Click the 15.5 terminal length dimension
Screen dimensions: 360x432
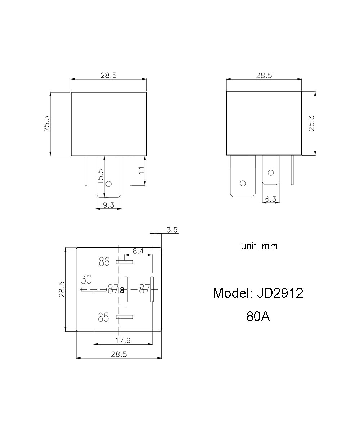(100, 176)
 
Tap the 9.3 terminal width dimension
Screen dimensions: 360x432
(109, 205)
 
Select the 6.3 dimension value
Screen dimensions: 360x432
(271, 199)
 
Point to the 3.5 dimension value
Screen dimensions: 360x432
(172, 230)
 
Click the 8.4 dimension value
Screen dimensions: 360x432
(138, 251)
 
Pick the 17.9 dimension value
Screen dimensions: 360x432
(123, 340)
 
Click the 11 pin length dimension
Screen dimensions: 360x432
(141, 170)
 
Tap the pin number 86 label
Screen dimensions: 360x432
(104, 262)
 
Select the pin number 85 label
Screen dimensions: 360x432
(103, 318)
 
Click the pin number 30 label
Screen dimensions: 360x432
(86, 280)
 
